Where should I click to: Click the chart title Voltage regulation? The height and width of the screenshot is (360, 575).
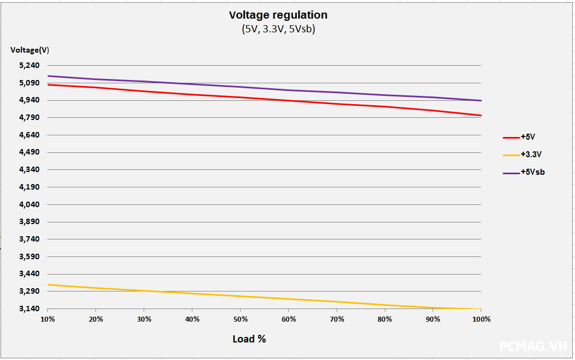278,15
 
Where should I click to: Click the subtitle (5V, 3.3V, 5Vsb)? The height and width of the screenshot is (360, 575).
278,30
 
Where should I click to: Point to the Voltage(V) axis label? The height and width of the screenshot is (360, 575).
30,50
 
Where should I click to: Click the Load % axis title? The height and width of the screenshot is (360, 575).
249,339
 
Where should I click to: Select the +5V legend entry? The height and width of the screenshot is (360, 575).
527,136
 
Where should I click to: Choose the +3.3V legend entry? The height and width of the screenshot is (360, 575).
531,154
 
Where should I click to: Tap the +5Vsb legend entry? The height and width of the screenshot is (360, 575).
532,172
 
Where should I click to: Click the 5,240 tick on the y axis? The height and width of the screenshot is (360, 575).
30,66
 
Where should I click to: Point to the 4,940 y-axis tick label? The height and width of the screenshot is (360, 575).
30,100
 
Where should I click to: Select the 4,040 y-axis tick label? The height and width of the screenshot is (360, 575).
30,204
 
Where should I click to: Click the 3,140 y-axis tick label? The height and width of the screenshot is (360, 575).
30,308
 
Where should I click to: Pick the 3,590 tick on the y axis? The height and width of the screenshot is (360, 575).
30,256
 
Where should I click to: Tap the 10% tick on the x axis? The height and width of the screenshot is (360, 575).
48,319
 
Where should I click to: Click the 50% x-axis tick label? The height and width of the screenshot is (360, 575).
240,319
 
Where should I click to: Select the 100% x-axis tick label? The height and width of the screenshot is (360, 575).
481,319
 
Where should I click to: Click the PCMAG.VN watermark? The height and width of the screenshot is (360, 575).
533,346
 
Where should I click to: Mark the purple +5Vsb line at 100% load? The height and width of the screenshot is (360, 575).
480,100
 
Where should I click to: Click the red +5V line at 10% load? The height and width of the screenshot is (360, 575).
49,84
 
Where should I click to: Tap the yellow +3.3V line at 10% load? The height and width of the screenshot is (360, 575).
49,284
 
